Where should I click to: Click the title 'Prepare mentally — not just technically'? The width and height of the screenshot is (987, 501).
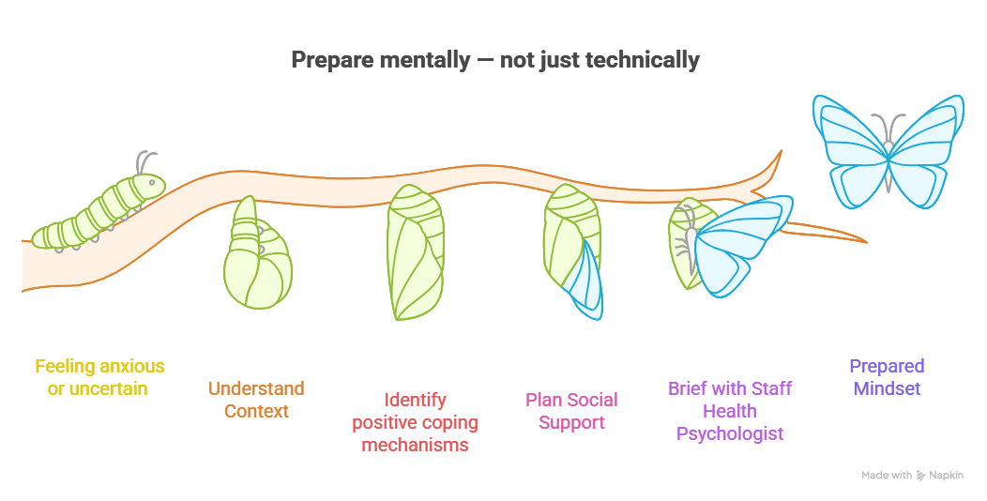point(494,60)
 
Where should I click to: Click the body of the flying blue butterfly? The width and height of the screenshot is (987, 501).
point(888,156)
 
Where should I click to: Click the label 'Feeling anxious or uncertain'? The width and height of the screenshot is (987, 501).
point(99,377)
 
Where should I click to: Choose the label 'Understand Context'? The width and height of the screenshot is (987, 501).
point(256,400)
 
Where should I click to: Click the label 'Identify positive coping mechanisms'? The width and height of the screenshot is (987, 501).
point(415,422)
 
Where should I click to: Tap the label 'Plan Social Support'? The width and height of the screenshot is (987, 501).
point(571,411)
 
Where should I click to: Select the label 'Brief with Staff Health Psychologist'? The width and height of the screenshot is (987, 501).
point(730,411)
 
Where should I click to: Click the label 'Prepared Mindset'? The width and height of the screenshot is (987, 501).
point(887,377)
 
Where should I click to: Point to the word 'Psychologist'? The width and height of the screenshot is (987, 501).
point(730,433)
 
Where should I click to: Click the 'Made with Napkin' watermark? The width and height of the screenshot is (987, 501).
point(912,476)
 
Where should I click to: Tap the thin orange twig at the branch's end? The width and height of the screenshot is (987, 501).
point(826,232)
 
